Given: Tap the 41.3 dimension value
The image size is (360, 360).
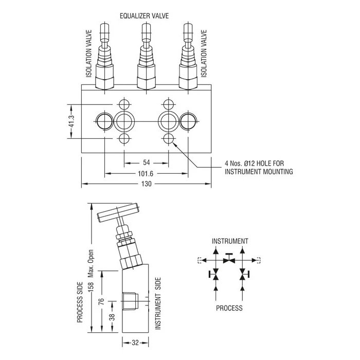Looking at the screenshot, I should click(x=71, y=122).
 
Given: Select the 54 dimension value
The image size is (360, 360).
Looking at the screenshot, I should click(x=147, y=163).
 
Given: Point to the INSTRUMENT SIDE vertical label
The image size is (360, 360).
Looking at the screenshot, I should click(x=158, y=303).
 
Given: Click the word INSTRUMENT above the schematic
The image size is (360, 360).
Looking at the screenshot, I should click(x=230, y=241).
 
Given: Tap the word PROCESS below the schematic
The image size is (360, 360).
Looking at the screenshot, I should click(x=229, y=309).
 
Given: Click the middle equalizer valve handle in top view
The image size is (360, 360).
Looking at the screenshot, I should click(x=146, y=36).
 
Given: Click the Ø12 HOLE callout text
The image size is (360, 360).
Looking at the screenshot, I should click(x=255, y=164).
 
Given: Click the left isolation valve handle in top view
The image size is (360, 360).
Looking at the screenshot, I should click(x=104, y=36).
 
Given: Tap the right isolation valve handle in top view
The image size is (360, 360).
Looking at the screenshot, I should click(x=186, y=36).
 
